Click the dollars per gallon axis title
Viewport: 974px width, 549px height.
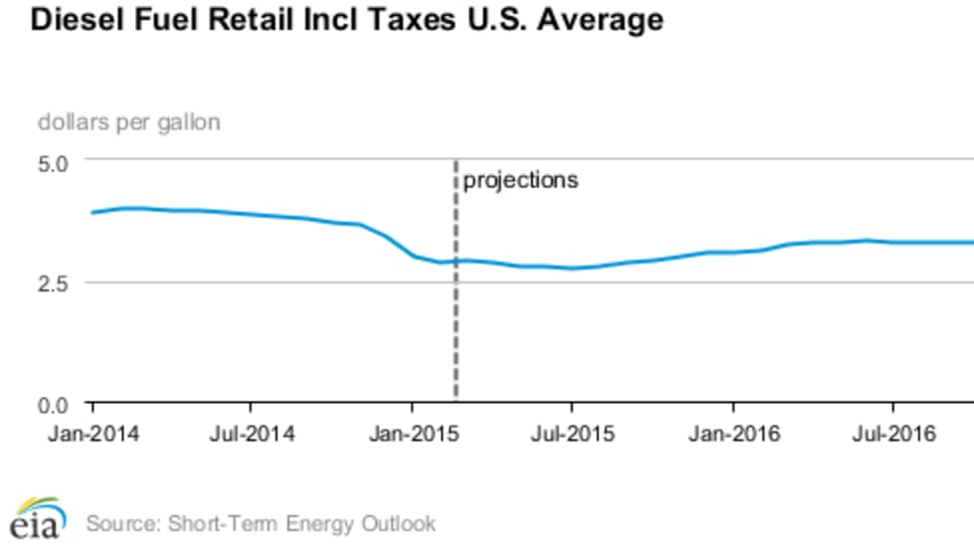tap(129, 122)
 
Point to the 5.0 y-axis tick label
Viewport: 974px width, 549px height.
tap(53, 160)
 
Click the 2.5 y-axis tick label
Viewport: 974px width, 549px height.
tap(53, 282)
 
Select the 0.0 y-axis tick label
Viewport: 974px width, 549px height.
tap(53, 405)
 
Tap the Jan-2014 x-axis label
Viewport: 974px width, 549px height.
tap(93, 435)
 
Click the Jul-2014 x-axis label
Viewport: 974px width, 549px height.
tap(252, 435)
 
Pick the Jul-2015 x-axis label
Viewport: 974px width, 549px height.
tap(572, 435)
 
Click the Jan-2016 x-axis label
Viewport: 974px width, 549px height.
tap(733, 435)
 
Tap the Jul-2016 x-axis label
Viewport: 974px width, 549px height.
tap(893, 435)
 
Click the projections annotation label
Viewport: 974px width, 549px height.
tap(521, 181)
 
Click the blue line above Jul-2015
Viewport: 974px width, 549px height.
tap(571, 268)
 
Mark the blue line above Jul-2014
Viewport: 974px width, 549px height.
tap(251, 214)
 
